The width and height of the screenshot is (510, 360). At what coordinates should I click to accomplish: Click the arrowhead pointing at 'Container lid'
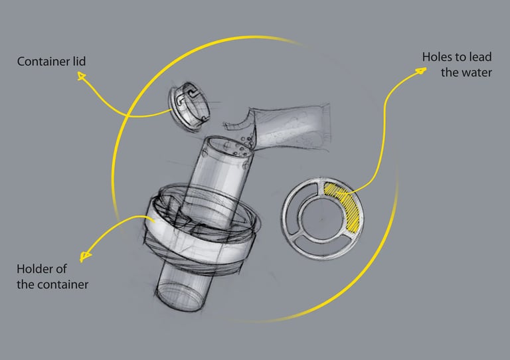coord(82,78)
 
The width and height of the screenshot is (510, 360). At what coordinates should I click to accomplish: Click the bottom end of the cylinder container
coord(178,297)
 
